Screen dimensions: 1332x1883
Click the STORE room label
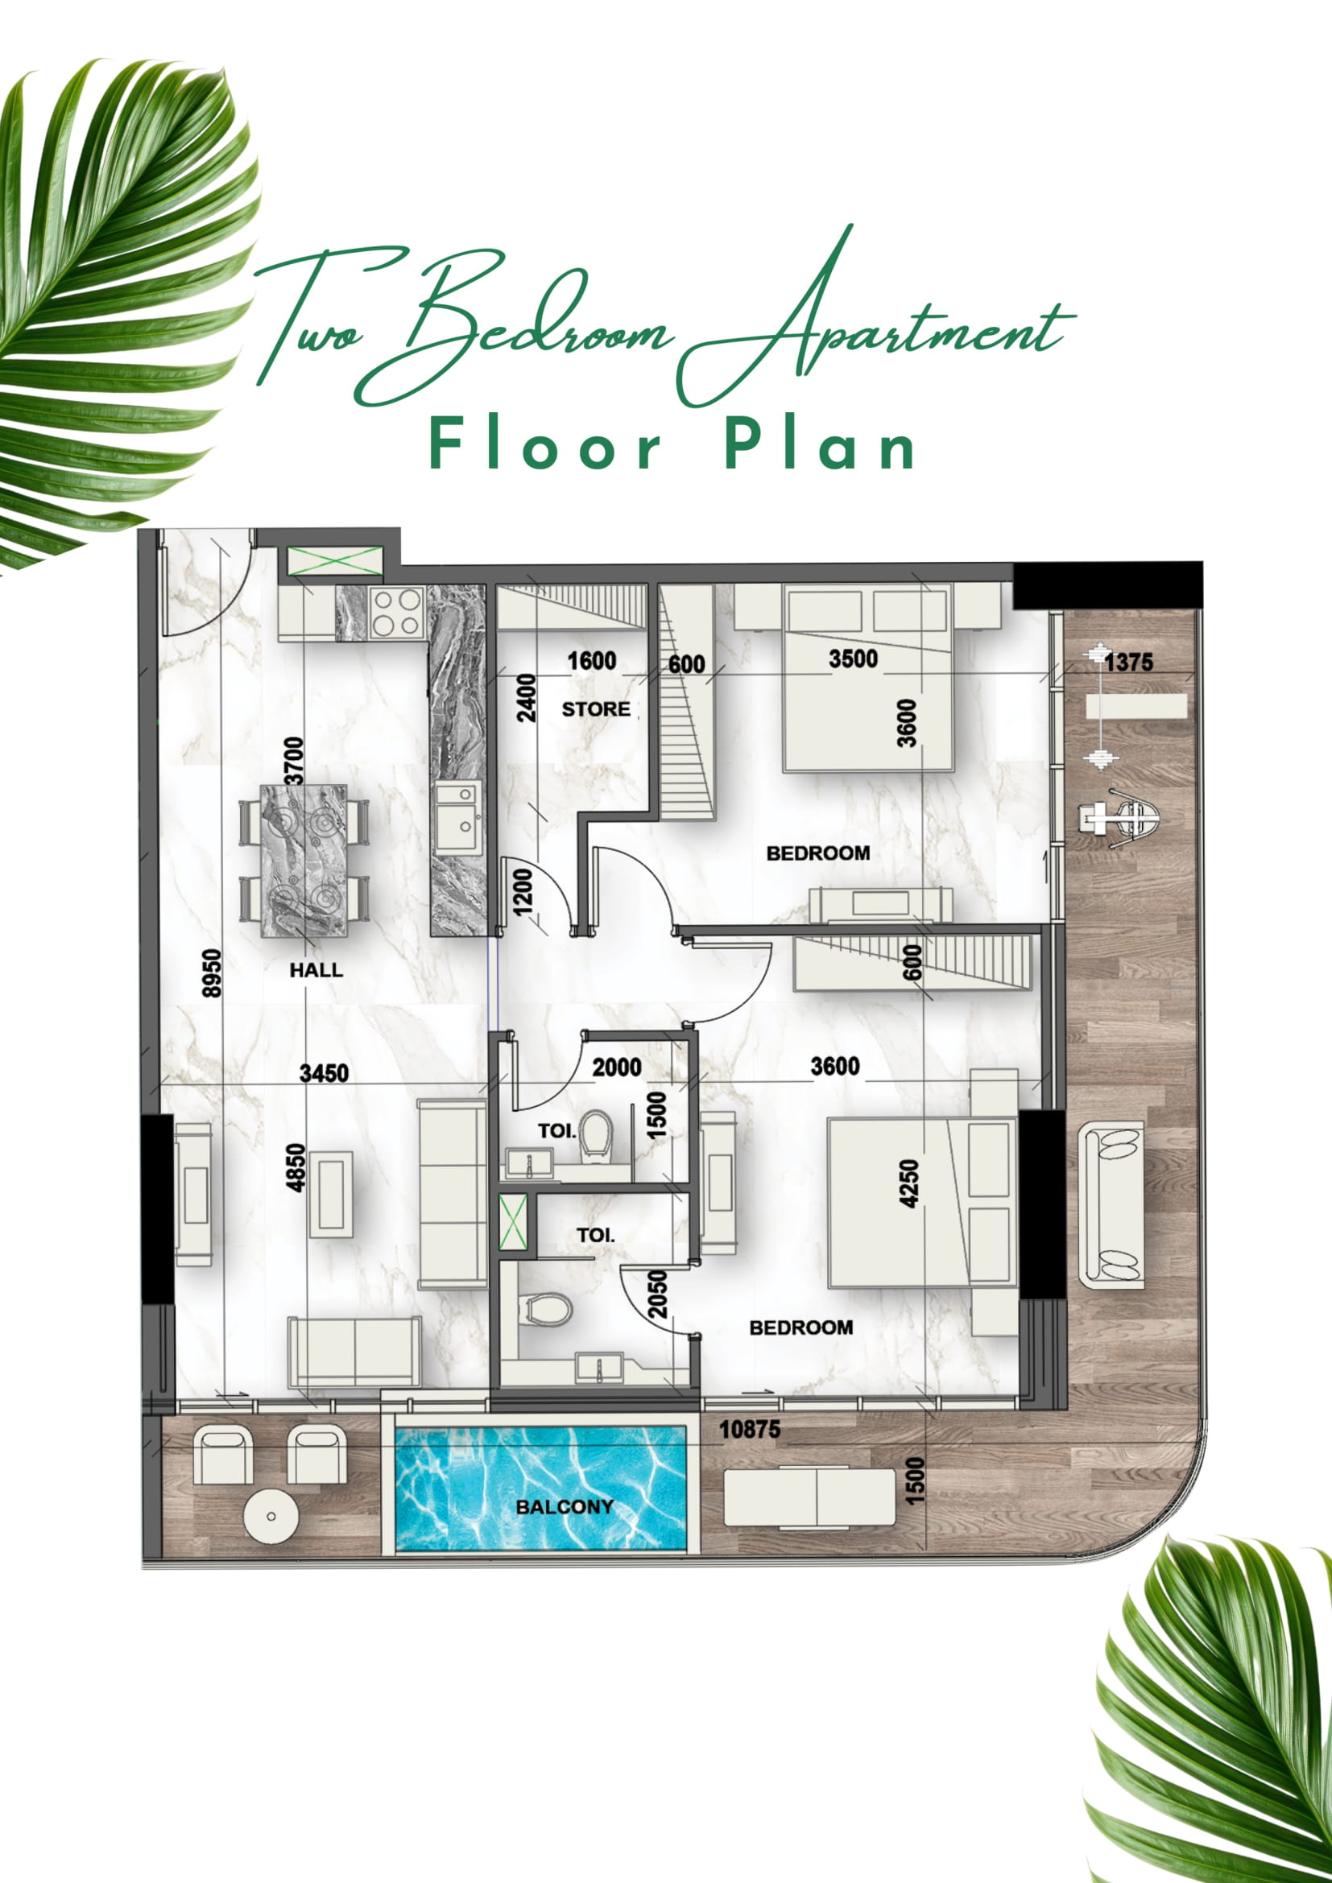[x=595, y=708]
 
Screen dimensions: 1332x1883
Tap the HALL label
[x=316, y=969]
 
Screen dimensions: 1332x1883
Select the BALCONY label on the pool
[x=565, y=1506]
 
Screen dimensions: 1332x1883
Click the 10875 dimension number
[x=750, y=1430]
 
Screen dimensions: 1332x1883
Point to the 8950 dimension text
[x=212, y=973]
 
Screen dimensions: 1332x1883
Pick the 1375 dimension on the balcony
[x=1128, y=662]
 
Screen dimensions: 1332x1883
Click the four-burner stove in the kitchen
[x=395, y=613]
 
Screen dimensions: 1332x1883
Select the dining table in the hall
[x=304, y=861]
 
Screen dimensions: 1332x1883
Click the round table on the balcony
[x=271, y=1517]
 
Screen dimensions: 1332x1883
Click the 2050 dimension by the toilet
[x=658, y=1295]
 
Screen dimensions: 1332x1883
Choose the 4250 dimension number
[x=908, y=1183]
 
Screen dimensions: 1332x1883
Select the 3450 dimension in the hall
[x=324, y=1072]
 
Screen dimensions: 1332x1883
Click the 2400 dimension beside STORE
[x=526, y=698]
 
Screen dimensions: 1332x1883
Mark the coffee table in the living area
[x=331, y=1194]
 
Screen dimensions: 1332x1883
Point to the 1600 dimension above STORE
[x=591, y=660]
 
